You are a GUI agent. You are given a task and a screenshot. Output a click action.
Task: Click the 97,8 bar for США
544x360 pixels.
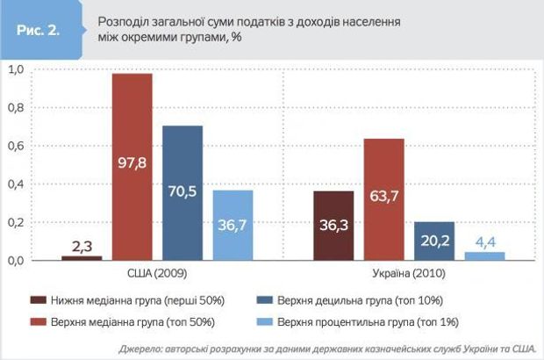coord(131,167)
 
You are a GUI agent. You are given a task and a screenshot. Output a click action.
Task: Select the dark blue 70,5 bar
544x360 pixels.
coord(182,193)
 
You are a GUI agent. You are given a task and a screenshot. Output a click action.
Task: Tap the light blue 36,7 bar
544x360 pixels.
coord(232,225)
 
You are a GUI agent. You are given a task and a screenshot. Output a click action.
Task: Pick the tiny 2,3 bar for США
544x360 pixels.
coord(81,257)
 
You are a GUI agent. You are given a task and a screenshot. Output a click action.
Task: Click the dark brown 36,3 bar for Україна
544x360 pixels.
coord(333,225)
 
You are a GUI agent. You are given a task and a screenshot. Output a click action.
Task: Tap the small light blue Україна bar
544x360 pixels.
coord(485,256)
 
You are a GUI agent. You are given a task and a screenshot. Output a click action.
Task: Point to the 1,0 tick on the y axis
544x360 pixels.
coord(15,69)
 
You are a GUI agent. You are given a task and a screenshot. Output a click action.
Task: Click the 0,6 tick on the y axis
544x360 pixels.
coord(15,146)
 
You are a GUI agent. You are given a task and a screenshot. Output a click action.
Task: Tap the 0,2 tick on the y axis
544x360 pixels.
coord(15,223)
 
